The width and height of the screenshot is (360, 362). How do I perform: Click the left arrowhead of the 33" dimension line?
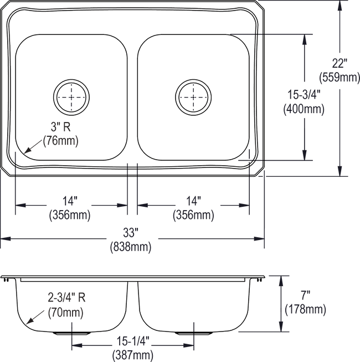[x=6, y=239]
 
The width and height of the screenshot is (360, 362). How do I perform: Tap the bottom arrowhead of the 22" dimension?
[x=338, y=173]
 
